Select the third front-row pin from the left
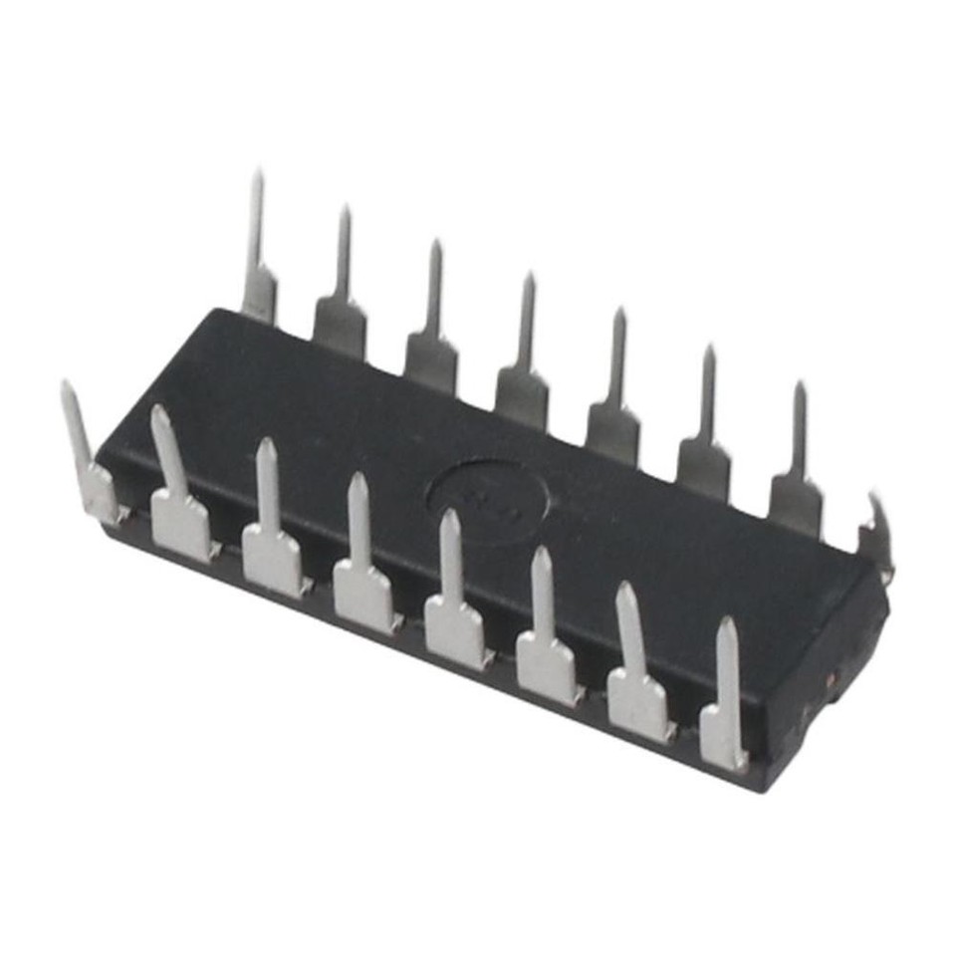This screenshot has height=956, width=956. click(271, 543)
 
